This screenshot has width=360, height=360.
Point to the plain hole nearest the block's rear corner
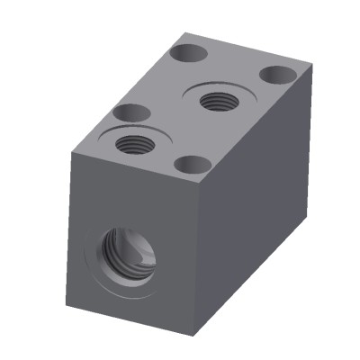tap(191, 53)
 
